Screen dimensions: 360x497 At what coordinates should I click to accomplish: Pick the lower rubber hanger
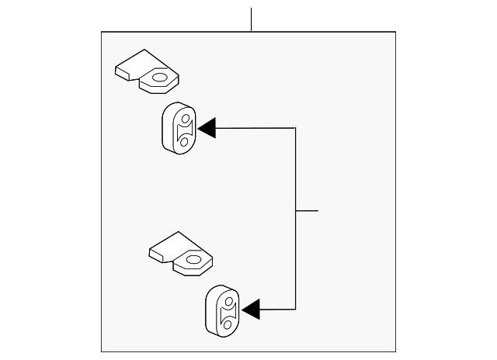[222, 310]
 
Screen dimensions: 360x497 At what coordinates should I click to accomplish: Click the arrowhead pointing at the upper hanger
[207, 127]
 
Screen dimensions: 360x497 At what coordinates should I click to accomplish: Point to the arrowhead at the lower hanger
[251, 310]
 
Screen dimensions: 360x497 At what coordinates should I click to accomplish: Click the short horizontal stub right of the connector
[308, 209]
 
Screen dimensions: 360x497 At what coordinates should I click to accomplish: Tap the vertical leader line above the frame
[251, 19]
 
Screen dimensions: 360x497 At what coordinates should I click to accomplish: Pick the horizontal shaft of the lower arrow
[278, 310]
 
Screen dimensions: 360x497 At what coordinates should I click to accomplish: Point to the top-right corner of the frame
[395, 32]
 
